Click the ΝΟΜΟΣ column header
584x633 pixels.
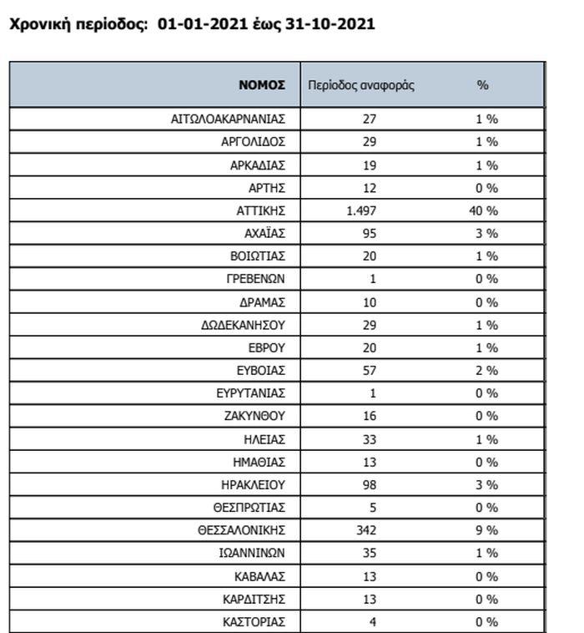(262, 85)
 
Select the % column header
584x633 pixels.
(482, 85)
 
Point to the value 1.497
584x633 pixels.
(362, 210)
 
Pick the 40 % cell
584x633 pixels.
(483, 210)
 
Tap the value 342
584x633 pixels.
(365, 530)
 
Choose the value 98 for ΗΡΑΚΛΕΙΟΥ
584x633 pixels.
(369, 484)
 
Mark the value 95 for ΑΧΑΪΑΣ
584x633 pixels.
(369, 233)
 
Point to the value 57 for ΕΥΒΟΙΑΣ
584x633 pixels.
(369, 370)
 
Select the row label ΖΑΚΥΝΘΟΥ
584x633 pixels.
(254, 416)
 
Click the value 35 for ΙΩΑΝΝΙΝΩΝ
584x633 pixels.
(369, 553)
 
